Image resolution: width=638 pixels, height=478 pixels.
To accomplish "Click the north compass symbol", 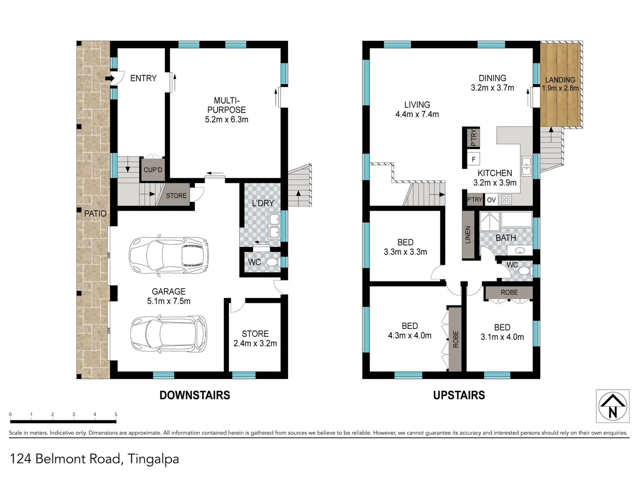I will click(612, 406).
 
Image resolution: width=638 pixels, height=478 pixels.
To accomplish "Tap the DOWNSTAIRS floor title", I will click(195, 395).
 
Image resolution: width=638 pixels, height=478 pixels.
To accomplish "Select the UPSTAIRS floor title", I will click(459, 395).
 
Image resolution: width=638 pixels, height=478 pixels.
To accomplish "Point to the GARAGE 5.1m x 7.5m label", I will click(169, 296).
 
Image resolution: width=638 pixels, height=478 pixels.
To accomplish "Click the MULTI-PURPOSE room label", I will click(226, 110).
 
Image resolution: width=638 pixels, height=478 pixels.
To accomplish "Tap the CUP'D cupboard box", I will click(153, 170).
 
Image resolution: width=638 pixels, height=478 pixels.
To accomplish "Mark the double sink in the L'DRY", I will click(274, 226).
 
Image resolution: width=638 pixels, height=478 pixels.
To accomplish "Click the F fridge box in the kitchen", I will click(474, 159).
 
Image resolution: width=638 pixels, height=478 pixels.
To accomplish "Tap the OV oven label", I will click(491, 200).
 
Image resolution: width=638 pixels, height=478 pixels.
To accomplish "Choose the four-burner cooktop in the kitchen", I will click(506, 200).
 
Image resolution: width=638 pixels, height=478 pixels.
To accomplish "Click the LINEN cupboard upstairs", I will click(468, 235).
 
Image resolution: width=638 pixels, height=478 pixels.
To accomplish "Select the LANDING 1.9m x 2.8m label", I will click(560, 84).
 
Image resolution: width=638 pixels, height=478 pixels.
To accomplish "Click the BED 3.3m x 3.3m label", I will click(405, 247).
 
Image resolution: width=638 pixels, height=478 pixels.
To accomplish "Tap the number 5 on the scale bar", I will click(116, 415).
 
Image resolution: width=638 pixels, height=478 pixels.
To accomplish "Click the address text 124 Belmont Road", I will click(66, 459).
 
